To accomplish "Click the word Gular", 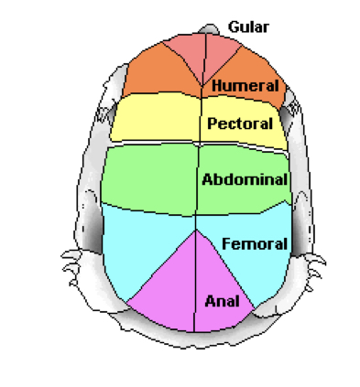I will tap(248, 27).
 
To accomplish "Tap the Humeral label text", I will tap(245, 85).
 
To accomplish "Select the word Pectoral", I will tap(240, 123).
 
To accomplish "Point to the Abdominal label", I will tap(245, 179).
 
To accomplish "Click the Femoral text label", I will tap(255, 243).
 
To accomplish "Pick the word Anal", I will tap(223, 300).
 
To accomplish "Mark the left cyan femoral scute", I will tap(137, 247).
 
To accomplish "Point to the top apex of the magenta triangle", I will tap(197, 230).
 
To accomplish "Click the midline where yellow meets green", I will tap(199, 144).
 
